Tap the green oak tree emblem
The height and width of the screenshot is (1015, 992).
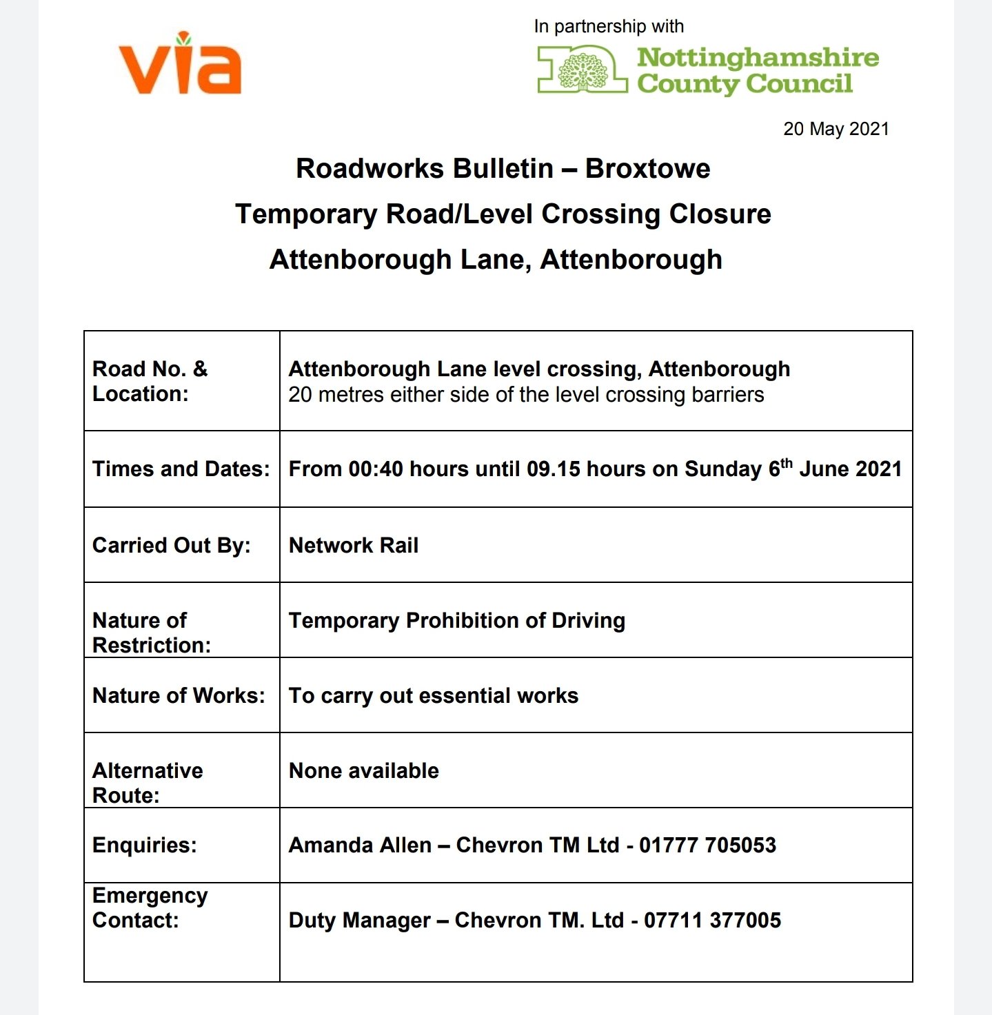[x=583, y=70]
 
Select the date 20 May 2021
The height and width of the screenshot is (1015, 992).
[x=836, y=130]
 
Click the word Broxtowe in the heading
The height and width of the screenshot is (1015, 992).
[x=647, y=169]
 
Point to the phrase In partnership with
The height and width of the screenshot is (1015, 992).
[x=609, y=27]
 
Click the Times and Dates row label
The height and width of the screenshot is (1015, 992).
[x=181, y=469]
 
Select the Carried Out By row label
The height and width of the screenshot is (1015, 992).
[x=172, y=546]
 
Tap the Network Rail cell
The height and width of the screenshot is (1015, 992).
[x=354, y=546]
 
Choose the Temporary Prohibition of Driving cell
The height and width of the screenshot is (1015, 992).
[x=457, y=621]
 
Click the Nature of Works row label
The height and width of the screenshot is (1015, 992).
[x=179, y=696]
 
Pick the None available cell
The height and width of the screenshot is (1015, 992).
[x=364, y=771]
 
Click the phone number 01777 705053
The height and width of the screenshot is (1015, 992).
[x=707, y=845]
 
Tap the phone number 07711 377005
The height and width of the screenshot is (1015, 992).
[x=712, y=921]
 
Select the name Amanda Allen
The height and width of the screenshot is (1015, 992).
[x=360, y=845]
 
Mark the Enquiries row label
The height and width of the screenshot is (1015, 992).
[x=145, y=845]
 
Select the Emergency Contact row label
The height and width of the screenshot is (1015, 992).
[x=150, y=908]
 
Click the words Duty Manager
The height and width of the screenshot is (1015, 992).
[x=360, y=921]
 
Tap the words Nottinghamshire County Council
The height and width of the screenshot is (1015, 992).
[x=757, y=70]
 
